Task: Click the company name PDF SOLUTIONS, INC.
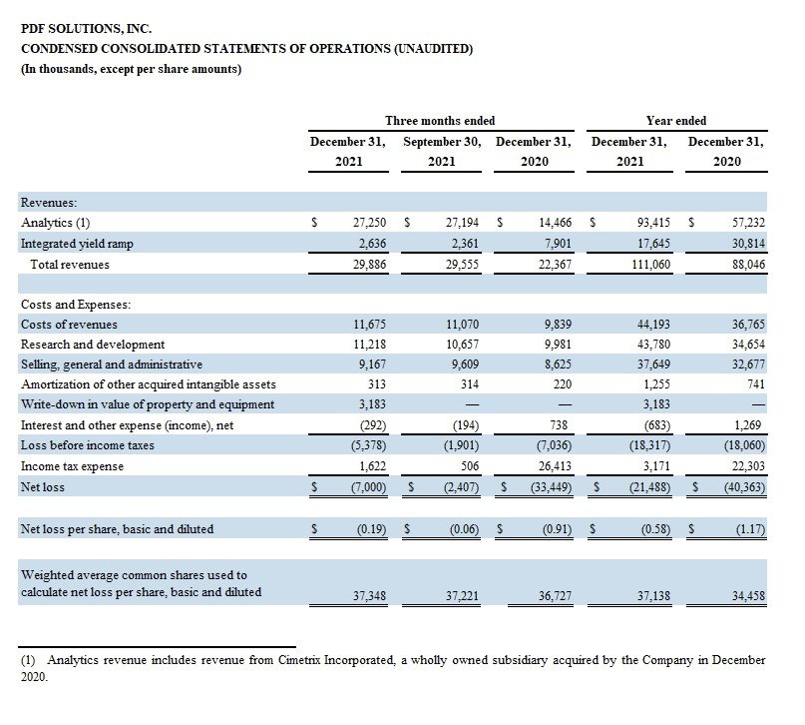point(86,29)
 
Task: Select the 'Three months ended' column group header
point(440,121)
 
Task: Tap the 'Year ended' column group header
point(676,121)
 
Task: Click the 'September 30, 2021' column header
point(442,152)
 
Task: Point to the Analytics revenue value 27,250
point(369,223)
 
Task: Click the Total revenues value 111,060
point(651,265)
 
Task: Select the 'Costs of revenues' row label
point(69,325)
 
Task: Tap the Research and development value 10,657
point(462,345)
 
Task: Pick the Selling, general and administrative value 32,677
point(748,364)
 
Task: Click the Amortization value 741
point(756,384)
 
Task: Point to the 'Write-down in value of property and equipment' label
point(148,404)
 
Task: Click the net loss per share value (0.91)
point(557,529)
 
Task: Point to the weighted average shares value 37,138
point(653,596)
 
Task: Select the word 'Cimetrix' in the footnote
point(299,660)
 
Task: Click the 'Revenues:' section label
point(49,203)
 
